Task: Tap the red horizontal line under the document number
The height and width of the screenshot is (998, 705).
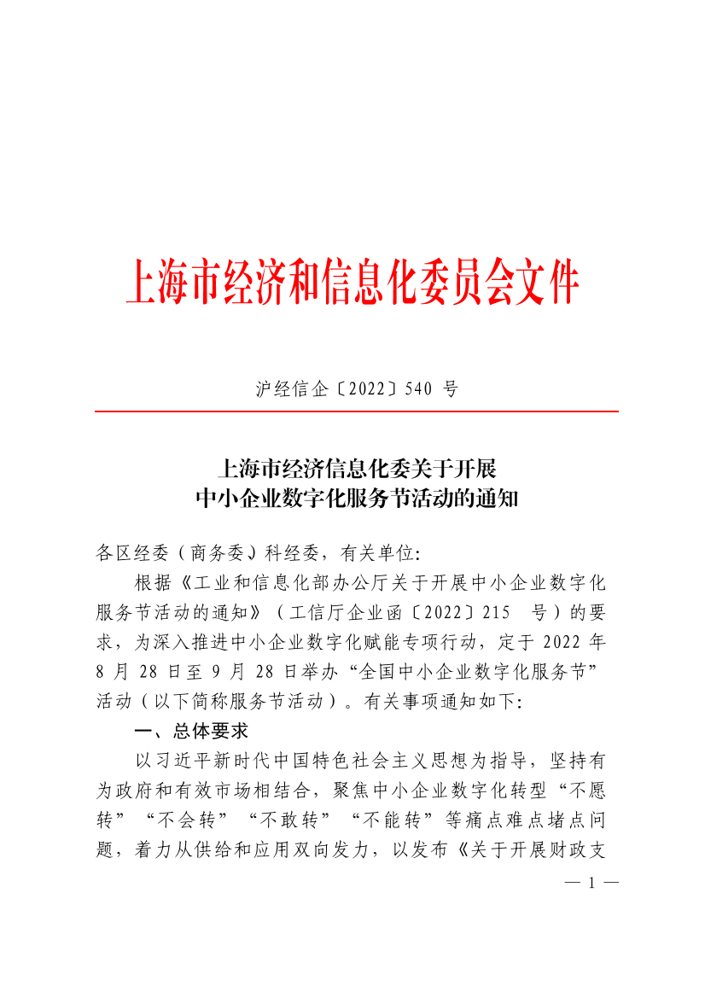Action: (x=356, y=411)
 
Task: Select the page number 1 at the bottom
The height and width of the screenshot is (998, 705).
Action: (x=591, y=882)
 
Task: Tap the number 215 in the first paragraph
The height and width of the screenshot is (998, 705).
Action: (x=496, y=613)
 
